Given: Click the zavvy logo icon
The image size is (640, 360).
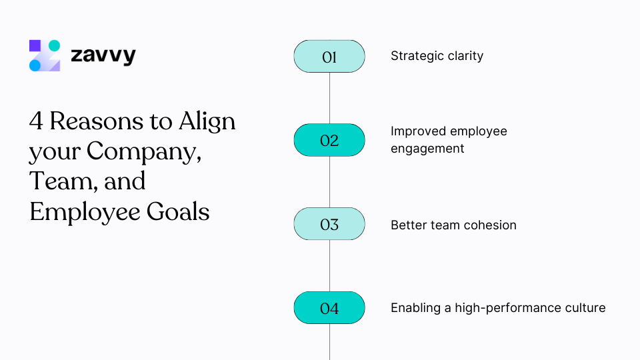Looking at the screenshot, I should coord(45,55).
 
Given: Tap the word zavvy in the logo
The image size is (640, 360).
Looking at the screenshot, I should coord(103,56).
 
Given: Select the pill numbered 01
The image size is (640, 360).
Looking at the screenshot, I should coord(329,57).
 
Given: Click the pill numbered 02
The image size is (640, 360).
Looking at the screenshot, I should coord(329,141).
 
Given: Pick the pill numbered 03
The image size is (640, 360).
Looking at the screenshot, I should coord(329,225).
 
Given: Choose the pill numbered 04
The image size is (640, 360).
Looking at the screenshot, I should coord(329,308).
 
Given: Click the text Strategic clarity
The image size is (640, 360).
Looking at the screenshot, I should coord(437,56).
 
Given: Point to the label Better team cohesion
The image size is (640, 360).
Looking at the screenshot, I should coord(453,225).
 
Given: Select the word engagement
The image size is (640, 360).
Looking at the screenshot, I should coord(427,149).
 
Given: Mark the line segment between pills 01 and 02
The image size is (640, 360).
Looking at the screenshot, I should coord(329,99).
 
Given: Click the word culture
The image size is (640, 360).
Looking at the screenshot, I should coord(585,308).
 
